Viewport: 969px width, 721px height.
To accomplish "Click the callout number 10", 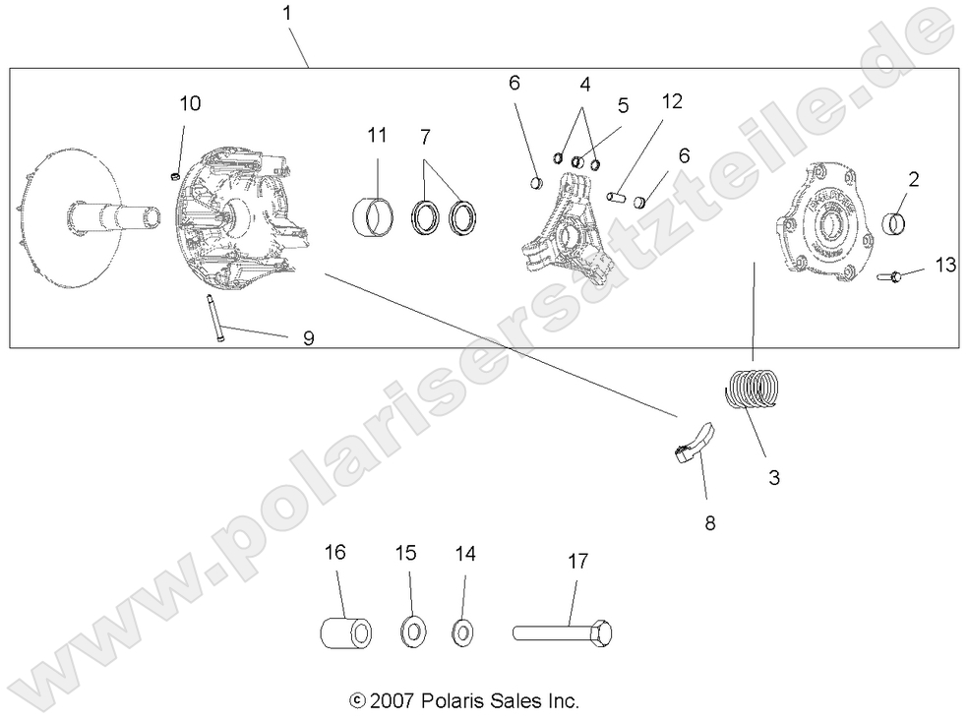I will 190,103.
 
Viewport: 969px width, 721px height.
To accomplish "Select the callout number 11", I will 378,136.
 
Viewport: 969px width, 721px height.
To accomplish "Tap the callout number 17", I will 577,562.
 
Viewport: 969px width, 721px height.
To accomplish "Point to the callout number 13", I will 945,265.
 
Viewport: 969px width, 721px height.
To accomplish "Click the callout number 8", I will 710,523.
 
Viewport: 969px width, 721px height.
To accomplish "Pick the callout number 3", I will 774,478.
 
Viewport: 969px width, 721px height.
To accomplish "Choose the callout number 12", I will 672,101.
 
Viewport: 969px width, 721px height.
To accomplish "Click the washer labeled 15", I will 411,630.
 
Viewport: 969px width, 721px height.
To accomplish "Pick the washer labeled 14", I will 461,631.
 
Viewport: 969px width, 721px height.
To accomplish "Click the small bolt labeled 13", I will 890,277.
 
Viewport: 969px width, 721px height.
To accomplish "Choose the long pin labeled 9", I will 212,320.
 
